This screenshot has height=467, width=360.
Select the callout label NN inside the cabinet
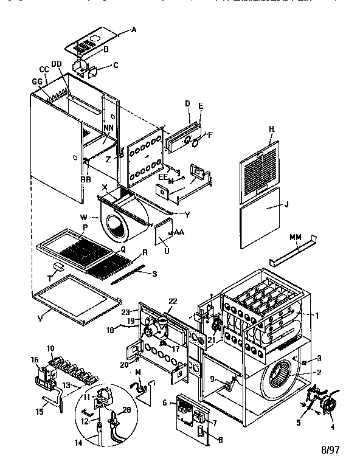click(108, 128)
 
